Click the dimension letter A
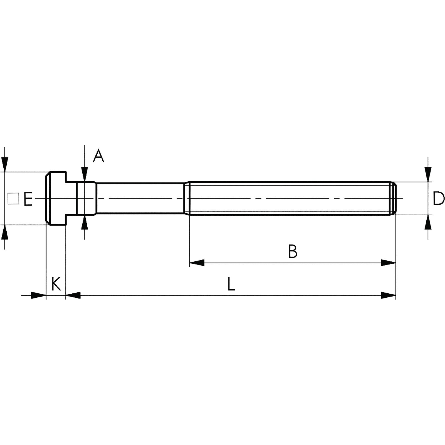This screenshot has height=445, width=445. pyautogui.click(x=98, y=156)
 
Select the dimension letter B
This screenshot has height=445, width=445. pyautogui.click(x=293, y=251)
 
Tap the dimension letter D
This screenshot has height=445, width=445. pyautogui.click(x=439, y=199)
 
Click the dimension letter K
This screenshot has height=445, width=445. pyautogui.click(x=56, y=284)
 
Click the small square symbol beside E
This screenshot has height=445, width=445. pyautogui.click(x=13, y=199)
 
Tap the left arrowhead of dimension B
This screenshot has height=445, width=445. pyautogui.click(x=197, y=263)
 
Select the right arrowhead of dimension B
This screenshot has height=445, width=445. pyautogui.click(x=388, y=263)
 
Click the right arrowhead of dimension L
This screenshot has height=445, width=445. pyautogui.click(x=388, y=295)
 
